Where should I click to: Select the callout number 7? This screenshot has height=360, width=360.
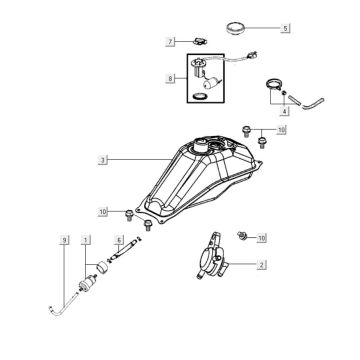click(171, 42)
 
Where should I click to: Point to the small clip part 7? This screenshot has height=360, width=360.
click(199, 41)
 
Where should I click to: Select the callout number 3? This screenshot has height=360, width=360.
click(102, 159)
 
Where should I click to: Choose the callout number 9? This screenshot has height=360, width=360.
click(64, 240)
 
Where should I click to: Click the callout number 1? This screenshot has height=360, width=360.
click(87, 240)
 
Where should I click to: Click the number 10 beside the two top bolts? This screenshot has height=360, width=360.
click(281, 131)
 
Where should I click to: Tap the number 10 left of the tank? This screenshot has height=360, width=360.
click(102, 212)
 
